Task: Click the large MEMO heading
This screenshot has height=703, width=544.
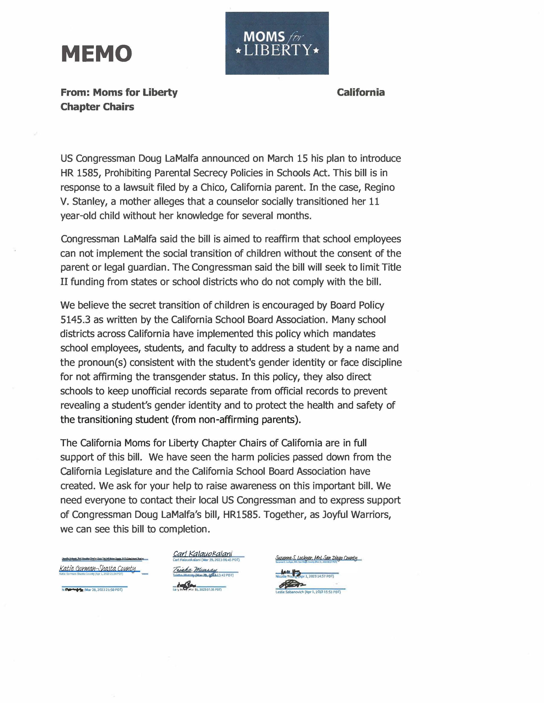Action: (96, 54)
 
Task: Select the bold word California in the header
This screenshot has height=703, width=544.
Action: (361, 92)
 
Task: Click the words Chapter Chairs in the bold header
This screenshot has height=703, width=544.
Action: (97, 107)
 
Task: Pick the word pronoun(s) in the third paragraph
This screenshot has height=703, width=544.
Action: (102, 362)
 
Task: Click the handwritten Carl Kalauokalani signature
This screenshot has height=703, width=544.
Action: (202, 554)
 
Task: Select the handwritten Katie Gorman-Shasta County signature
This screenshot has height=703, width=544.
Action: (97, 568)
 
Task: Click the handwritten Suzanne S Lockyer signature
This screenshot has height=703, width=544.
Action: (316, 558)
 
